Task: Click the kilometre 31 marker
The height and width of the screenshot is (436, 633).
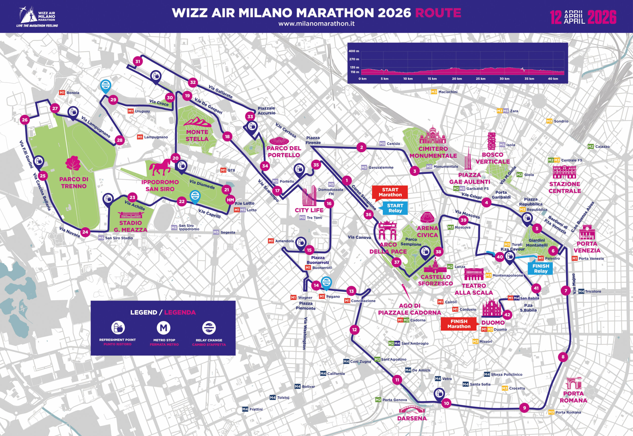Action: [138, 62]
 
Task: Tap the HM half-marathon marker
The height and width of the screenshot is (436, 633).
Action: [230, 200]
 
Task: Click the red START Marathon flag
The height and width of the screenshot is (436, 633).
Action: [390, 192]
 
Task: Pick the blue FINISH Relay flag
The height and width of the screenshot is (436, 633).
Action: [541, 268]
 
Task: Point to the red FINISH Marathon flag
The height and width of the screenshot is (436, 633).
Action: [459, 324]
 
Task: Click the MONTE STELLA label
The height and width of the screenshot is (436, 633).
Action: [197, 135]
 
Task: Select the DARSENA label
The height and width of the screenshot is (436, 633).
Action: [412, 418]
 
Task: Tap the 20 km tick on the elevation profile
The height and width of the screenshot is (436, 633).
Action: [457, 79]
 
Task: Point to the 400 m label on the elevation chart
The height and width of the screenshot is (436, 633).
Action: [354, 51]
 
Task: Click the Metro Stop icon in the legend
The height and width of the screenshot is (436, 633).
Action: [163, 328]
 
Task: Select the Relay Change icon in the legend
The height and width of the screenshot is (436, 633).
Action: [209, 328]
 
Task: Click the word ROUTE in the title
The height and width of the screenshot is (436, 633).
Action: [438, 13]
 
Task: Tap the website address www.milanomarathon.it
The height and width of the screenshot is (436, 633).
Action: [316, 23]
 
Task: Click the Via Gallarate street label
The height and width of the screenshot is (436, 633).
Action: [220, 92]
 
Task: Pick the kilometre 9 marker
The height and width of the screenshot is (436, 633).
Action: [524, 408]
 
